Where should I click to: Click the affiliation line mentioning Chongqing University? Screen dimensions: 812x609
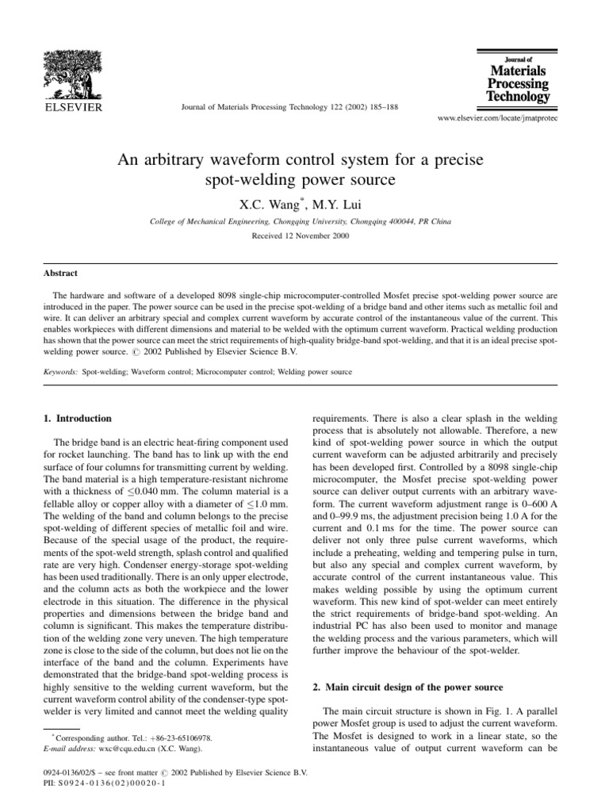[x=304, y=201]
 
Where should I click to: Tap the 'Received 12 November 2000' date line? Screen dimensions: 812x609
[x=304, y=215]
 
